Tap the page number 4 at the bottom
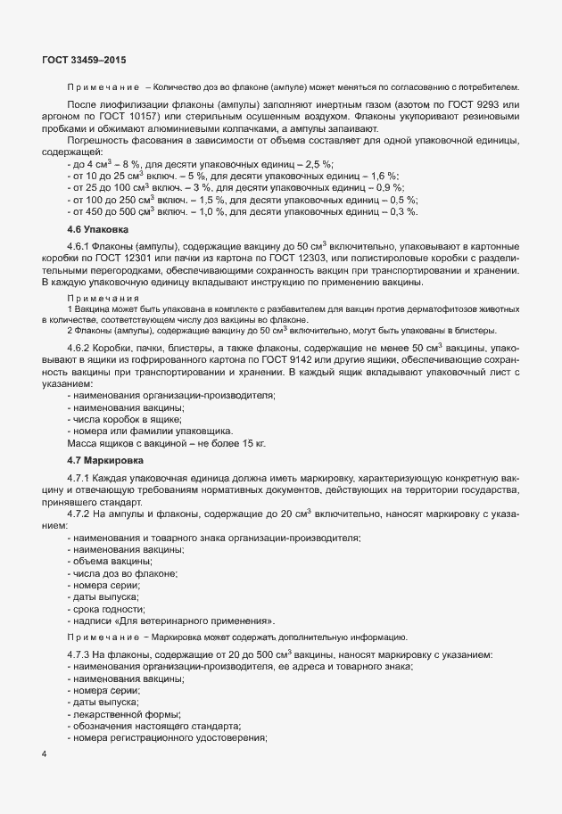point(45,754)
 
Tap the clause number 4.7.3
point(81,655)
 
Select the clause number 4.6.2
point(81,358)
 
